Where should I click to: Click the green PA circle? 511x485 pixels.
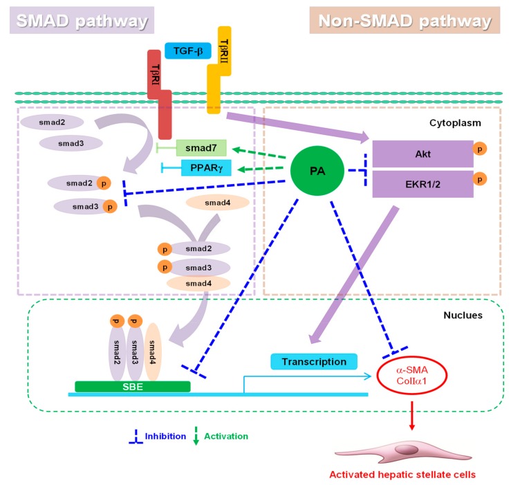click(x=317, y=171)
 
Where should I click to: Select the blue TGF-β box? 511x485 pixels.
click(x=188, y=51)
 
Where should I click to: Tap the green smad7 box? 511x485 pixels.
click(x=201, y=148)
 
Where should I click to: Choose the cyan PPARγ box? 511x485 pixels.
click(x=206, y=167)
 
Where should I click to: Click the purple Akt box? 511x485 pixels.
click(x=422, y=154)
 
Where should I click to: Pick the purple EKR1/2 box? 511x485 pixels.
click(x=422, y=184)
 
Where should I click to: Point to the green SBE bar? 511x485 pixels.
click(x=133, y=387)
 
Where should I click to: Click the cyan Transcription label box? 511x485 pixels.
click(x=314, y=362)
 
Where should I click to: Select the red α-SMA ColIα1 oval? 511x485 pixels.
click(x=412, y=375)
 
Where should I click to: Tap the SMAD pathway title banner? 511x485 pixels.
click(x=82, y=20)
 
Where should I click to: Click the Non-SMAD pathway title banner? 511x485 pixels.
click(x=405, y=20)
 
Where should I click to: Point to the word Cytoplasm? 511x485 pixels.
click(x=455, y=123)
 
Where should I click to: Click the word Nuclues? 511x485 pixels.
click(x=463, y=315)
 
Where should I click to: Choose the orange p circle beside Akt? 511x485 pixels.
click(x=480, y=149)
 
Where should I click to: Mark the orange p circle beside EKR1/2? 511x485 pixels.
click(x=480, y=179)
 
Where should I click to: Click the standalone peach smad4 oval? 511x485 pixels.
click(x=217, y=203)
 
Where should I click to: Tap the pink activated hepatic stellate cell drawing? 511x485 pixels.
click(x=403, y=452)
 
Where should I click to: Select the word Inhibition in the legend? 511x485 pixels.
click(x=165, y=437)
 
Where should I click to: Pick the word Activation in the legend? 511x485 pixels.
click(x=226, y=437)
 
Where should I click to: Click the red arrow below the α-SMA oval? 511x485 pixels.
click(x=412, y=416)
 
